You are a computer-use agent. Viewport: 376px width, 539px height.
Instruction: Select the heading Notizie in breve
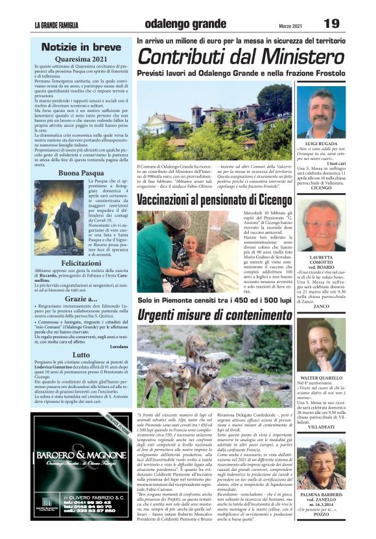(x=82, y=47)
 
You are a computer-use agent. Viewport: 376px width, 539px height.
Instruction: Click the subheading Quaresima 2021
(x=81, y=58)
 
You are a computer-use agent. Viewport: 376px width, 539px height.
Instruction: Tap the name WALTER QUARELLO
(x=322, y=376)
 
